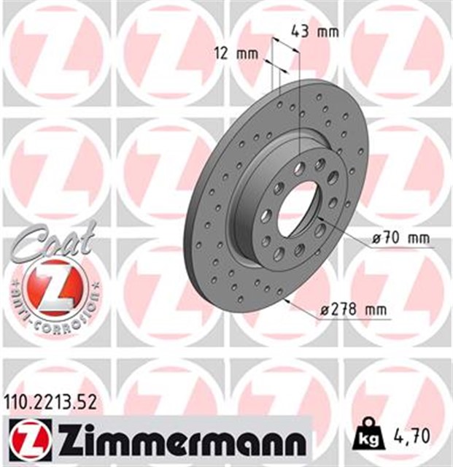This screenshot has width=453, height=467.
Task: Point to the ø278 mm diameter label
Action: click(355, 310)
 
